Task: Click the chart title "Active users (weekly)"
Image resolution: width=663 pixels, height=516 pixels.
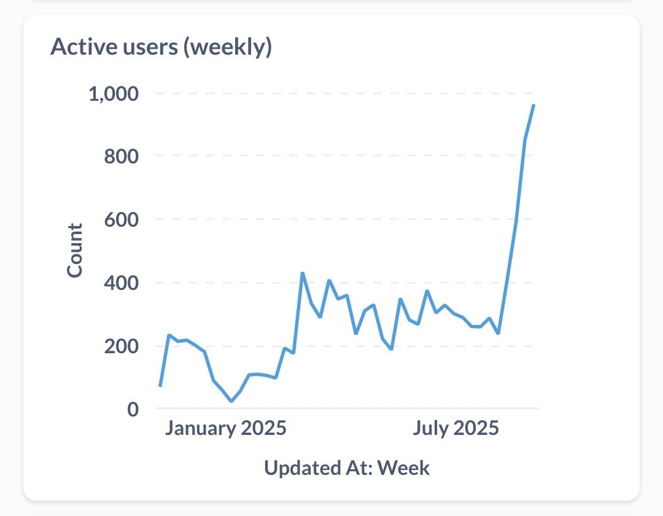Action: [x=161, y=47]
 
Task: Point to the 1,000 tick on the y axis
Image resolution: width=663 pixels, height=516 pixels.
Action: [x=115, y=95]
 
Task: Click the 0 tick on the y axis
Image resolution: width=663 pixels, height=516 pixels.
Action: [x=133, y=408]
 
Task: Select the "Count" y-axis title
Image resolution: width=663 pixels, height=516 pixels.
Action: [x=74, y=251]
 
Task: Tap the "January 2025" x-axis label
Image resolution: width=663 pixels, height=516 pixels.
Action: [x=225, y=428]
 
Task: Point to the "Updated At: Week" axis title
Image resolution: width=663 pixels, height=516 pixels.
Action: [x=347, y=468]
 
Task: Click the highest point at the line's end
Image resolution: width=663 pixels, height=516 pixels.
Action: [x=534, y=105]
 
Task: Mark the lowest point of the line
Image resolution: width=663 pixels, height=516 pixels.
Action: [x=231, y=401]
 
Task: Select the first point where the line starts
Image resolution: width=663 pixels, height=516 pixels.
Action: [x=160, y=386]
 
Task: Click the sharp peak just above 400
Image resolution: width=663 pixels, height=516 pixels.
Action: [x=302, y=273]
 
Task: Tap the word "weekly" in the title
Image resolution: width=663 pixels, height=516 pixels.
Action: [x=228, y=47]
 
